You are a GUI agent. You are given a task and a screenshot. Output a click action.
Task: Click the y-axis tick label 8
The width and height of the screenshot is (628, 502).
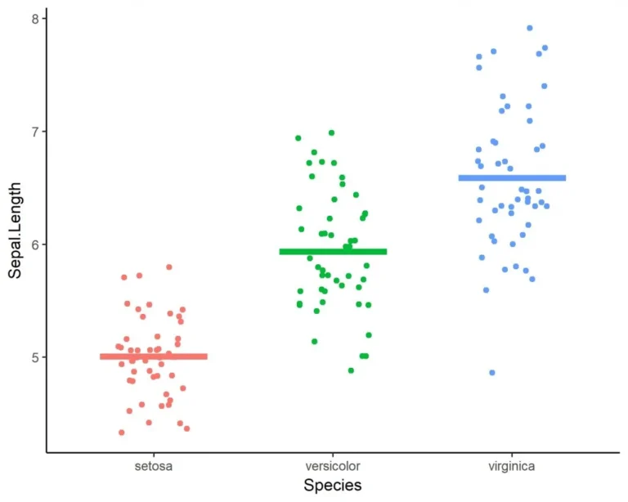(x=34, y=19)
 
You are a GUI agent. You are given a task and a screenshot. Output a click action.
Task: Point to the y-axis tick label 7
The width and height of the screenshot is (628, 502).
(x=34, y=132)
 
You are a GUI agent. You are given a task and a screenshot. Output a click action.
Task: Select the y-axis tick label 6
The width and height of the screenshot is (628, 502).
(x=34, y=244)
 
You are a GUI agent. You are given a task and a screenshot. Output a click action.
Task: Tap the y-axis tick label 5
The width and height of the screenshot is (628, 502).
(x=34, y=357)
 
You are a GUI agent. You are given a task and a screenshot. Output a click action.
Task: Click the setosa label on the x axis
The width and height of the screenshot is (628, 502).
(x=154, y=466)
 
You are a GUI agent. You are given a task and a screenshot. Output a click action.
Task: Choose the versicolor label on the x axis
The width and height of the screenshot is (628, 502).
(x=333, y=466)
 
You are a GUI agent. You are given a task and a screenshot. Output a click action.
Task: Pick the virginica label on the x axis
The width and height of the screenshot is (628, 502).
(x=512, y=466)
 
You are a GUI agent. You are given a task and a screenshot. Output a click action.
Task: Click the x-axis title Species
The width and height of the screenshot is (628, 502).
(x=332, y=486)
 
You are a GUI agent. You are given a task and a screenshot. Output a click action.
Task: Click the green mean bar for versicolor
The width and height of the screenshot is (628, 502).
(x=333, y=252)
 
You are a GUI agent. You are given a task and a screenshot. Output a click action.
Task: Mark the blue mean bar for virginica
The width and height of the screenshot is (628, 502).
(x=512, y=177)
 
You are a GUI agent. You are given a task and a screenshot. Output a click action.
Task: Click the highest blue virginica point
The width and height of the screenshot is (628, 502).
(x=530, y=28)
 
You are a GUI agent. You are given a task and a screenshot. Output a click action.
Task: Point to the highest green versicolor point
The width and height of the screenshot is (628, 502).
(x=331, y=132)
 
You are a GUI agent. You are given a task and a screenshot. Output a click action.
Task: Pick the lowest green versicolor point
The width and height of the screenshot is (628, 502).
(x=351, y=370)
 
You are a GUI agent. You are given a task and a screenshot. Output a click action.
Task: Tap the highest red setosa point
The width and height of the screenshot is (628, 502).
(x=169, y=267)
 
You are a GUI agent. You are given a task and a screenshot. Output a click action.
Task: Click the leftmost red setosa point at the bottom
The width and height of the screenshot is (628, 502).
(x=122, y=433)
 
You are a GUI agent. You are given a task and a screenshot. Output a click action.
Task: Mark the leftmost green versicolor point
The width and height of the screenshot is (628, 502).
(x=298, y=138)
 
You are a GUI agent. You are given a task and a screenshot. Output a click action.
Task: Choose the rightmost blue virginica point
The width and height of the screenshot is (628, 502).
(x=547, y=206)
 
